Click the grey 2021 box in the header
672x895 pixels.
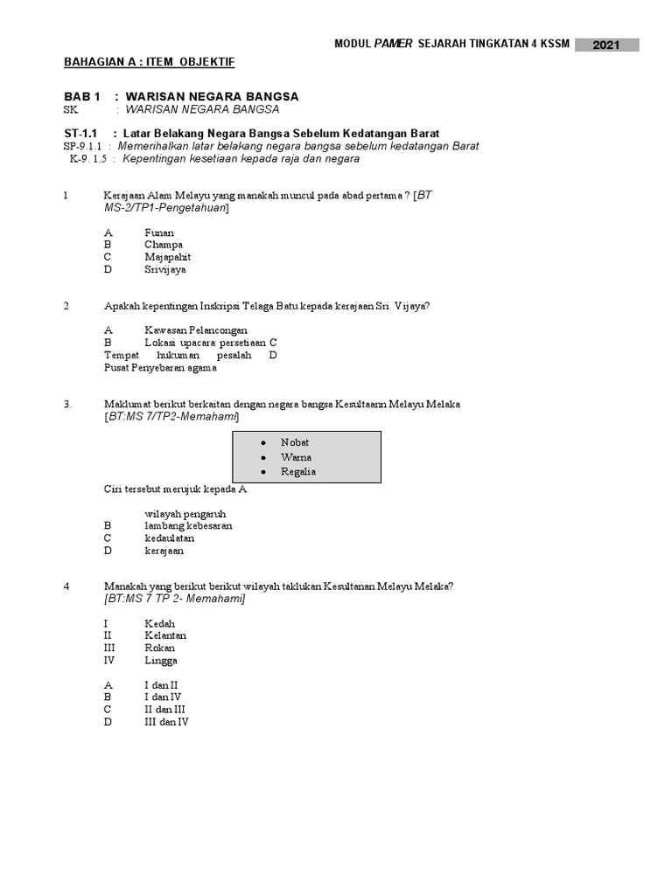point(606,45)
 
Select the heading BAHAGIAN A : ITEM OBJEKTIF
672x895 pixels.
point(149,62)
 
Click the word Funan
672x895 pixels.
point(159,232)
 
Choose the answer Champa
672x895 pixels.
point(164,245)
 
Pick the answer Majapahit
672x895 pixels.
point(167,257)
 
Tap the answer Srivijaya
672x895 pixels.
point(165,269)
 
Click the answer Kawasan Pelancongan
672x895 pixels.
point(196,330)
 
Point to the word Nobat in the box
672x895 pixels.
point(295,442)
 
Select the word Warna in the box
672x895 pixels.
point(296,457)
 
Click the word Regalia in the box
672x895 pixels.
point(298,472)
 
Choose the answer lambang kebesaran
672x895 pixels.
point(188,526)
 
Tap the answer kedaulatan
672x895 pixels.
point(170,538)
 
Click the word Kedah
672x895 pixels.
point(160,624)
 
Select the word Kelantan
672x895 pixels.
point(165,635)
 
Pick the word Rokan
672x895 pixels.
point(160,648)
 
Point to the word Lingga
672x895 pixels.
point(161,661)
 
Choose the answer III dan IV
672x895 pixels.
point(166,722)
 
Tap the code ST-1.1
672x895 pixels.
point(79,133)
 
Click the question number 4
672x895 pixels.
point(66,586)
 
